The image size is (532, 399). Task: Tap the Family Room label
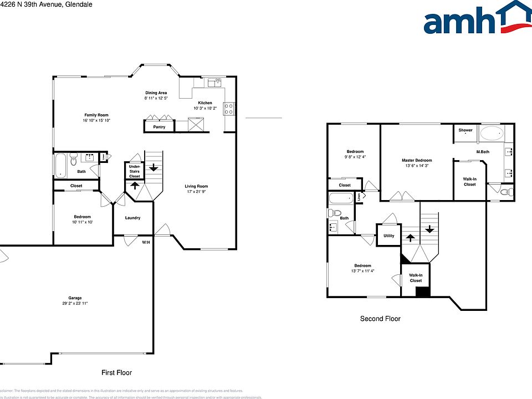click(96, 115)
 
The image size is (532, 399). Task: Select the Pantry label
click(159, 127)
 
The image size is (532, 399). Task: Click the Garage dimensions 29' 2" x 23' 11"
click(75, 304)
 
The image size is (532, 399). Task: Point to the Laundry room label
click(132, 218)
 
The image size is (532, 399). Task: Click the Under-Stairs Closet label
click(134, 171)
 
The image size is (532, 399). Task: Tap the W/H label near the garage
click(146, 242)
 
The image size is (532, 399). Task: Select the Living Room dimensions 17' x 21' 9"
click(197, 191)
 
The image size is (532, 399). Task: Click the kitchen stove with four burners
click(229, 109)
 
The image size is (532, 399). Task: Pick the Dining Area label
click(156, 93)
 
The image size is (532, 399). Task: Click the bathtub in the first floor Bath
click(61, 165)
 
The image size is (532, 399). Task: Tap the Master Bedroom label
click(417, 160)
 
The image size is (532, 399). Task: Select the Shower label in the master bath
click(465, 130)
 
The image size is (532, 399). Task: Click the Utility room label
click(388, 236)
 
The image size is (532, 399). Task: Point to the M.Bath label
click(483, 152)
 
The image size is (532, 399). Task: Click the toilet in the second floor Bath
click(334, 213)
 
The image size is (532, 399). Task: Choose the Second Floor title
click(380, 319)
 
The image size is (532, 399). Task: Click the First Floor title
click(116, 373)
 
